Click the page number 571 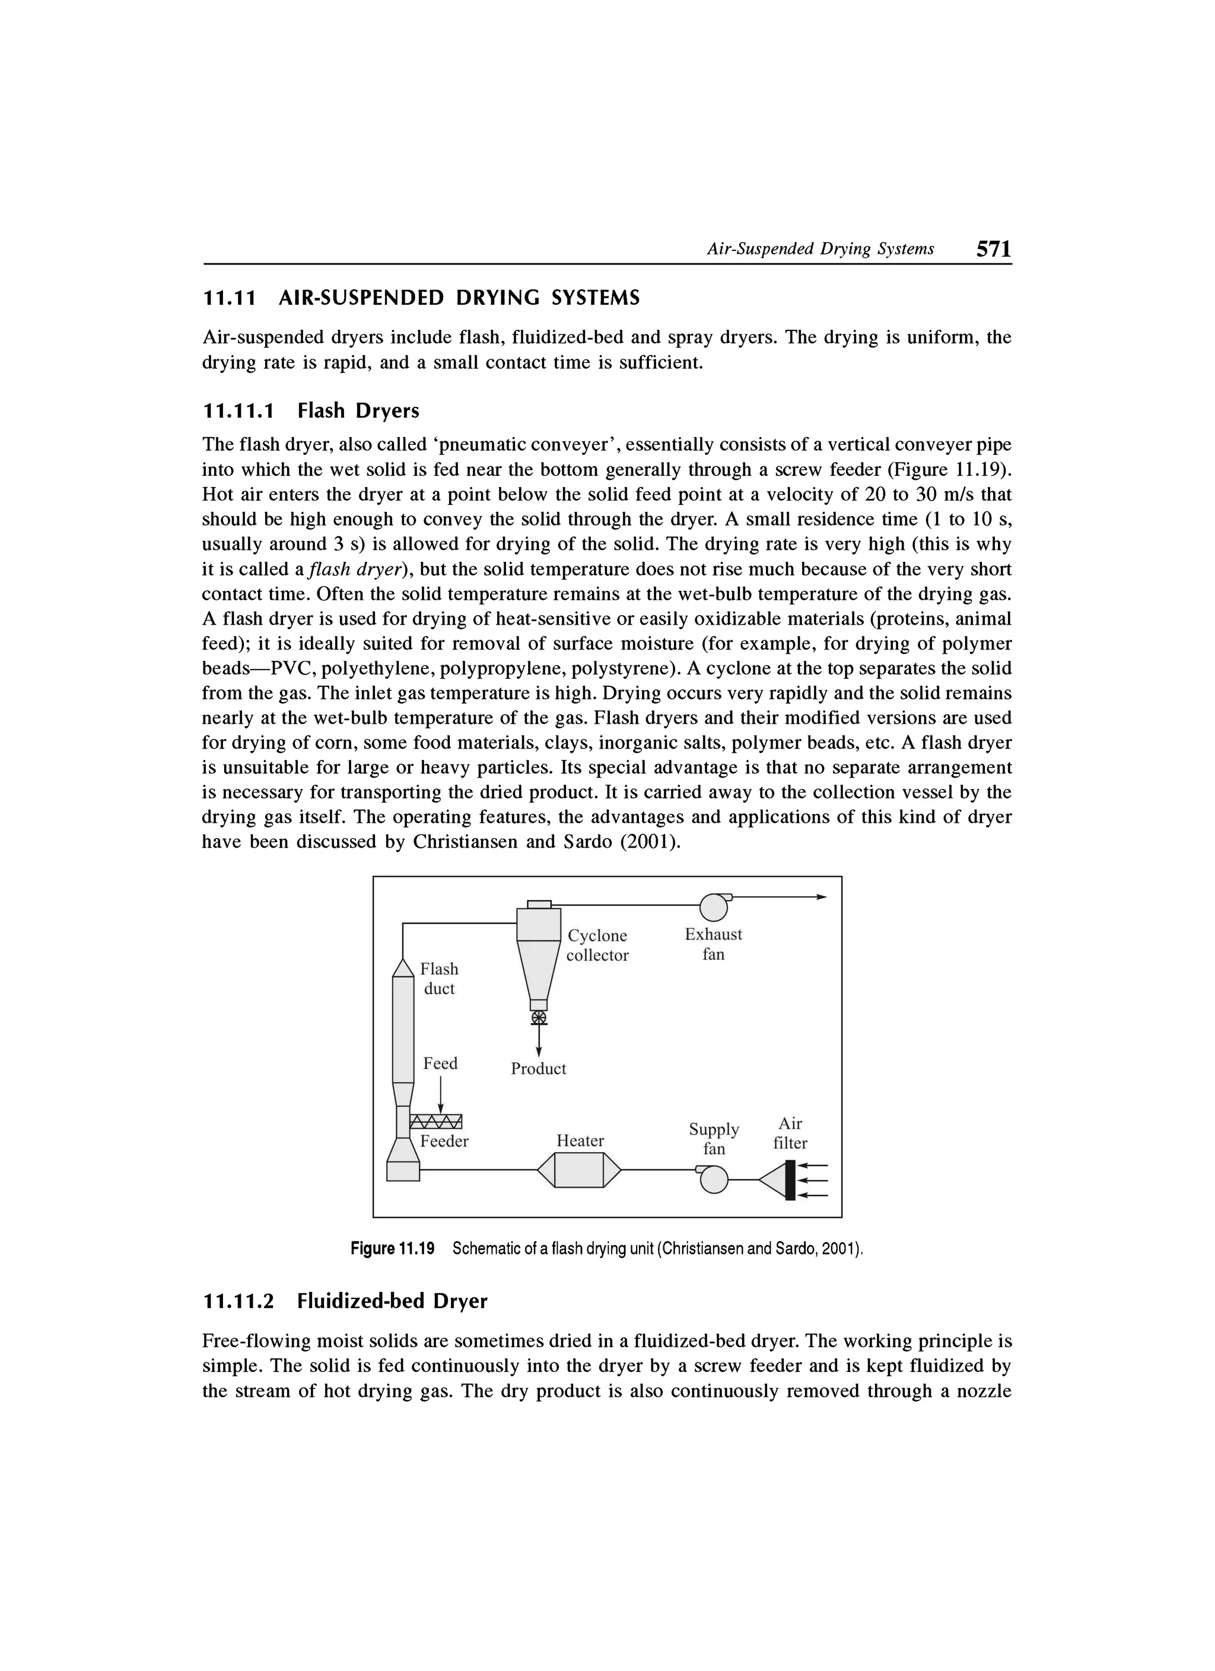tap(993, 249)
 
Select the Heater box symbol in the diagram tap(579, 1170)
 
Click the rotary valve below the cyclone tap(539, 1018)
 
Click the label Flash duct tap(439, 978)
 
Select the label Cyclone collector tap(597, 946)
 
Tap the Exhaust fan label tap(713, 944)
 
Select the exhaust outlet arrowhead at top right tap(822, 897)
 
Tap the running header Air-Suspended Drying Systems tap(820, 249)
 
